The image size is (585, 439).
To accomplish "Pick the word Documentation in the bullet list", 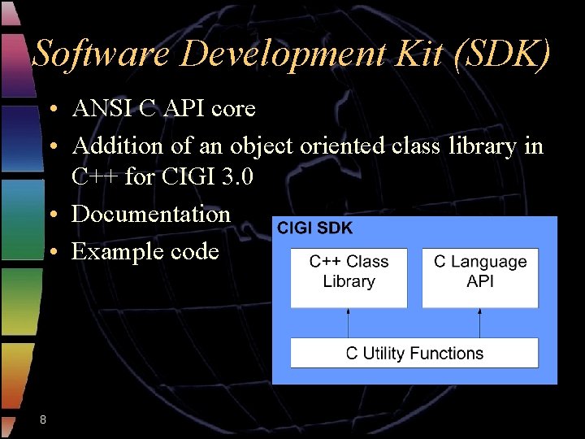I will click(151, 214).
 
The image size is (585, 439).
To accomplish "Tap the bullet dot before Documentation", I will click(51, 215).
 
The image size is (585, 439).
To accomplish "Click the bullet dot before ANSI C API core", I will click(51, 109).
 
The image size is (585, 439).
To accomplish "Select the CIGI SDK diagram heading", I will click(315, 228).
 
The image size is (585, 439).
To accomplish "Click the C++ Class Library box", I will click(349, 277).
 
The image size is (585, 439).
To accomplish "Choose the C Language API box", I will click(479, 277).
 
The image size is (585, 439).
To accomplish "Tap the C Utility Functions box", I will click(414, 354).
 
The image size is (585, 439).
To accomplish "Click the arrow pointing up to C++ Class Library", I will click(349, 323).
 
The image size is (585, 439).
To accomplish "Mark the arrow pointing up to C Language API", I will click(479, 323).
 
